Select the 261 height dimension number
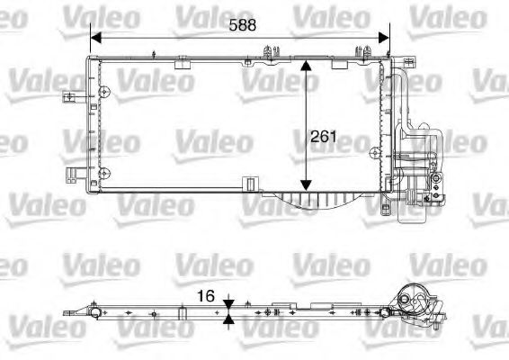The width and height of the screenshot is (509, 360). [323, 137]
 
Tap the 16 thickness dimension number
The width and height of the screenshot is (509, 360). [207, 293]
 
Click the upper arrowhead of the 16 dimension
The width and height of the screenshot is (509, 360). [229, 303]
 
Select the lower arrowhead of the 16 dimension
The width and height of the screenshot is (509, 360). [229, 319]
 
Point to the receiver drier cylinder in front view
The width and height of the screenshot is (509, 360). [416, 148]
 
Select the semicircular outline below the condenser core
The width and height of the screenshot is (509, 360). [315, 200]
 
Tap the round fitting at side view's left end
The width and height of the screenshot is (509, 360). [93, 311]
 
